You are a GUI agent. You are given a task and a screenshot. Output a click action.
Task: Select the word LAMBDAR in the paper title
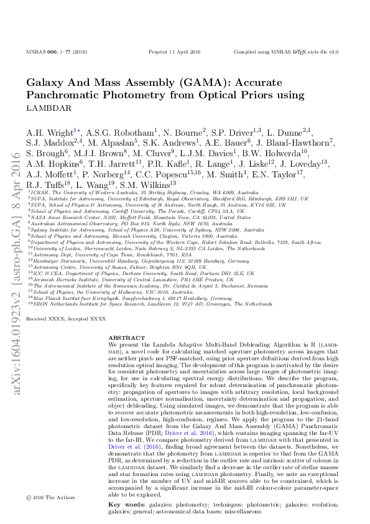click(49, 108)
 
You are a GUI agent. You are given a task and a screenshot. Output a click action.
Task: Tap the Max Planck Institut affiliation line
click(131, 299)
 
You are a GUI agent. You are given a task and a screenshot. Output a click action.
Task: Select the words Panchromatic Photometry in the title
click(111, 95)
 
